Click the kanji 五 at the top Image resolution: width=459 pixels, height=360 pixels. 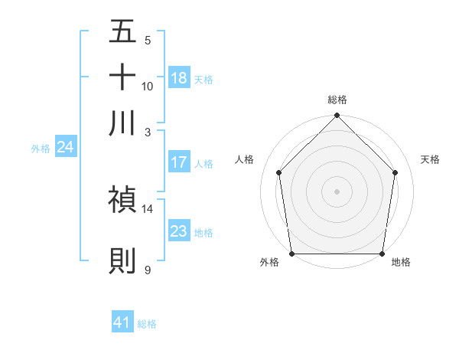pyautogui.click(x=122, y=34)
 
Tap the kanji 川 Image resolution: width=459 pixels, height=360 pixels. pyautogui.click(x=122, y=122)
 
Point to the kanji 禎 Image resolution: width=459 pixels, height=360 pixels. pyautogui.click(x=122, y=199)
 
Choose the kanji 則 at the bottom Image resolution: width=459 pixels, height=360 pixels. pyautogui.click(x=122, y=260)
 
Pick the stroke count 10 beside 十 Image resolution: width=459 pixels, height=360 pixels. pyautogui.click(x=148, y=86)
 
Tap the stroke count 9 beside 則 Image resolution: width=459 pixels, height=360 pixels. pyautogui.click(x=147, y=270)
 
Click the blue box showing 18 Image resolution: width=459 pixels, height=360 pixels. pyautogui.click(x=179, y=77)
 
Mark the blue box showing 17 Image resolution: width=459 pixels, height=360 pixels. pyautogui.click(x=179, y=162)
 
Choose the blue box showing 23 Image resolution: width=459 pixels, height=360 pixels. pyautogui.click(x=179, y=231)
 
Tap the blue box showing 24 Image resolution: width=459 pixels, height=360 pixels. pyautogui.click(x=65, y=146)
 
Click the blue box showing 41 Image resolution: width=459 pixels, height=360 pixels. pyautogui.click(x=122, y=322)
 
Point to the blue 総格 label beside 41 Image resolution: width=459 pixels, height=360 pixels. pyautogui.click(x=147, y=324)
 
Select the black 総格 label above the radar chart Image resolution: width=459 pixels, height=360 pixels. pyautogui.click(x=337, y=100)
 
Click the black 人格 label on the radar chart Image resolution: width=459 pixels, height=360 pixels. pyautogui.click(x=245, y=159)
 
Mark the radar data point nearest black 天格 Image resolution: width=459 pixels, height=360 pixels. pyautogui.click(x=396, y=172)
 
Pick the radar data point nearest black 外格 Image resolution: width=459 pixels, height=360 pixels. pyautogui.click(x=291, y=254)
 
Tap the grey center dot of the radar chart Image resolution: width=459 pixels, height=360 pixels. pyautogui.click(x=337, y=191)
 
